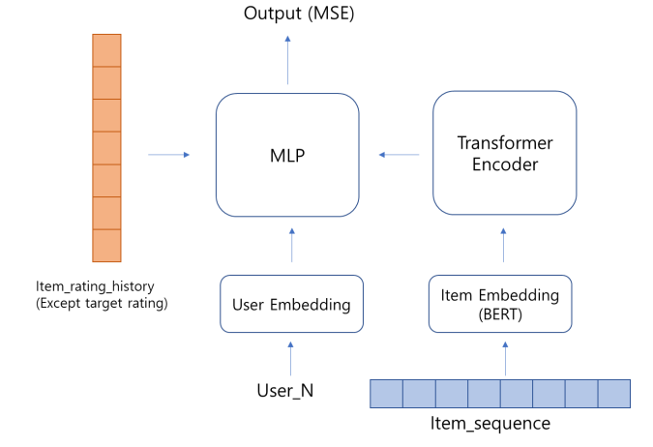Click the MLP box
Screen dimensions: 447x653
point(287,155)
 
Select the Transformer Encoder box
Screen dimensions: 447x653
point(504,153)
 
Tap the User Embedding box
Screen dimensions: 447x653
point(291,305)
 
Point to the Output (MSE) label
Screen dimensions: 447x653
point(287,14)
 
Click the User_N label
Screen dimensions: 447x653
point(285,392)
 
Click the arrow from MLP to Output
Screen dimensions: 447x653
point(287,59)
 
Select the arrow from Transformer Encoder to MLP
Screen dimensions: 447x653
point(399,154)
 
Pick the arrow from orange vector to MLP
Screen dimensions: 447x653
point(169,154)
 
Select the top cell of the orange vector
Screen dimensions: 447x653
point(106,50)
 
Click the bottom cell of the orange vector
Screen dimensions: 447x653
point(106,246)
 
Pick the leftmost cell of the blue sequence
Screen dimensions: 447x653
point(387,394)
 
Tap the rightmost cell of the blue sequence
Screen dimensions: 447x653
point(614,394)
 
